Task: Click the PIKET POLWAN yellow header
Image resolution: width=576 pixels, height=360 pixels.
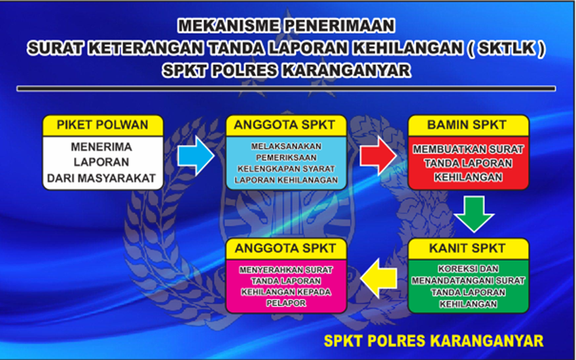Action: click(103, 125)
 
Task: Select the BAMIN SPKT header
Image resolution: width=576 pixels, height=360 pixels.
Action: click(469, 125)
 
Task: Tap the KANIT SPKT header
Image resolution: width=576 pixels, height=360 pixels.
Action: click(469, 249)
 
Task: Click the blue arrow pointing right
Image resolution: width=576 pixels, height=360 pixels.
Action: click(196, 156)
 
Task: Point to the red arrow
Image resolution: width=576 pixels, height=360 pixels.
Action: click(378, 156)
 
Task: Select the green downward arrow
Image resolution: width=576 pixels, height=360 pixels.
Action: click(474, 214)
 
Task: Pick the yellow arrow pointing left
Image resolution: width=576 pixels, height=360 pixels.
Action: click(378, 278)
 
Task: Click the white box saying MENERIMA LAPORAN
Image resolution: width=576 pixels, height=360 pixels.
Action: click(103, 163)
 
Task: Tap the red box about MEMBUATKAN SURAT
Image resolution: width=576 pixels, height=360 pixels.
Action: click(469, 163)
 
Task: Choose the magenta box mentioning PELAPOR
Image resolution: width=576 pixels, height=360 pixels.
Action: click(286, 287)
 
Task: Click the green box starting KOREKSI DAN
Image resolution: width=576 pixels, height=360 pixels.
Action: click(469, 287)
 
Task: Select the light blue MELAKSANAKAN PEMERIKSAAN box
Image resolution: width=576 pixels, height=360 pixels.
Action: click(286, 163)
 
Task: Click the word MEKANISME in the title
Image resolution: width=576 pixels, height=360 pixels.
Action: click(227, 26)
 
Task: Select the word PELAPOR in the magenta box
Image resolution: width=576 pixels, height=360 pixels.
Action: click(286, 304)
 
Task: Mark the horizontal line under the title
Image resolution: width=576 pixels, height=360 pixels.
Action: click(286, 88)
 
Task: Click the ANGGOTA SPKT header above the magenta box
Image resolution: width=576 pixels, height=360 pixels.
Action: click(286, 249)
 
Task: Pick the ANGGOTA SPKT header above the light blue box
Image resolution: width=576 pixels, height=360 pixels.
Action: click(286, 125)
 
